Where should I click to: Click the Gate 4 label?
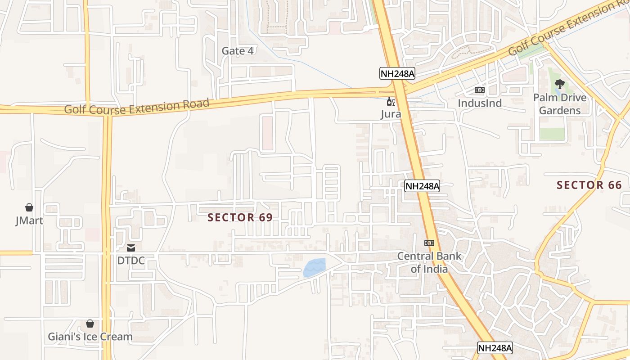237,51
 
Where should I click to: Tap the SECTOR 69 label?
240,217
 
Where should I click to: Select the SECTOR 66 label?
589,185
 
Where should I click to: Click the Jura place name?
391,114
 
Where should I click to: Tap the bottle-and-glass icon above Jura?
391,102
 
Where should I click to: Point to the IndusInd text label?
479,103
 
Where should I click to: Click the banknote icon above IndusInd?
479,90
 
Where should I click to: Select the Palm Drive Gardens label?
560,104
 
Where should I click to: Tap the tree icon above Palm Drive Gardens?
559,84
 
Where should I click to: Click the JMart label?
29,220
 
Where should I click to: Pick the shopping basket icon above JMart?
29,207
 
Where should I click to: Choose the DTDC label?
131,261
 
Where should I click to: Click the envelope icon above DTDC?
131,247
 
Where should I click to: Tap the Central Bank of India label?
429,263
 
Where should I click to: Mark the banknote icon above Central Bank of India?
429,243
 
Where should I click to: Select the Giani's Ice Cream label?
90,337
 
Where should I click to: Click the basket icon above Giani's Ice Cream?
90,324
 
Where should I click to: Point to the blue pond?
315,268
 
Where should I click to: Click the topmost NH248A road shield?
396,74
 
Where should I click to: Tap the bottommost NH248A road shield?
495,348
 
